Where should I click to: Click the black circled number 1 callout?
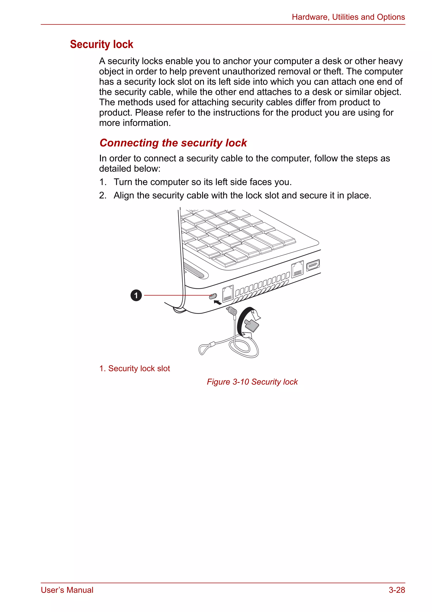[x=136, y=295]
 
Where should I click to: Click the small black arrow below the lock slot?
[x=218, y=302]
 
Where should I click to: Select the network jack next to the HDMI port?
[x=297, y=269]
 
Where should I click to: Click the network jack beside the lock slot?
[x=228, y=293]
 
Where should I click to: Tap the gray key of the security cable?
[x=251, y=325]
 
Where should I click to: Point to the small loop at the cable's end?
[x=204, y=349]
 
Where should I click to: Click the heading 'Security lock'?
[x=101, y=44]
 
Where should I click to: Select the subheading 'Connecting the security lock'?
[x=173, y=143]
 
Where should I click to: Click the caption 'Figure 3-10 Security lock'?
[x=252, y=382]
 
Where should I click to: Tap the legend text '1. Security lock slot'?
[x=134, y=368]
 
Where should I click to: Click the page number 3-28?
[x=397, y=590]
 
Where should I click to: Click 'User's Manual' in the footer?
[x=67, y=590]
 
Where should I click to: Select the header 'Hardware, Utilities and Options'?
[x=348, y=17]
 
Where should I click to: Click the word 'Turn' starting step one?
[x=123, y=182]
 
